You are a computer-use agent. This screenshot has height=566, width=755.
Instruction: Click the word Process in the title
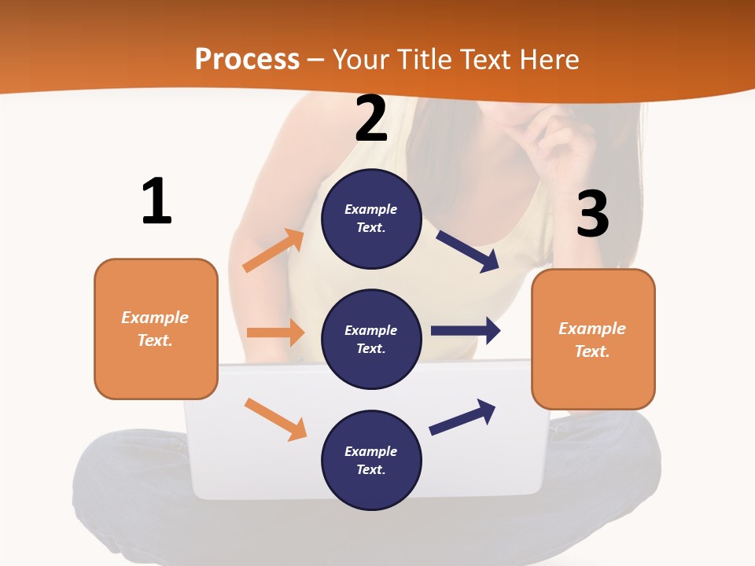(247, 60)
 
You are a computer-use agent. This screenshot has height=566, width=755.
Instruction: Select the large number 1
(157, 201)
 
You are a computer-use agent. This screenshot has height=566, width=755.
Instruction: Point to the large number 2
(371, 119)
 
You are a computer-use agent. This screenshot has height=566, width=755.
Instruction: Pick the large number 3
(592, 214)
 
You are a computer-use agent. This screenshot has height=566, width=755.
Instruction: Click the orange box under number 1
(156, 329)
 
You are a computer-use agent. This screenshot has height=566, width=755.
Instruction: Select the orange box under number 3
(593, 340)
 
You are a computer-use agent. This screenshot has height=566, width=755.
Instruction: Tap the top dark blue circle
(372, 219)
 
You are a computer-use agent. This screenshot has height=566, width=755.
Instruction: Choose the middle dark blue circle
(372, 340)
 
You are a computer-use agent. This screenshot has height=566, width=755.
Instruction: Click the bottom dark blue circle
(372, 461)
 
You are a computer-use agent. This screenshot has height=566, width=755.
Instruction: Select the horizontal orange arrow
(275, 333)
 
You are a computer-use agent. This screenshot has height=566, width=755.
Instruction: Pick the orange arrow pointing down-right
(275, 419)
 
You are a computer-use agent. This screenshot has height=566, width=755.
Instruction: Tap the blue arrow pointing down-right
(468, 251)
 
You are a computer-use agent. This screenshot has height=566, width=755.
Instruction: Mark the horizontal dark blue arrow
(466, 331)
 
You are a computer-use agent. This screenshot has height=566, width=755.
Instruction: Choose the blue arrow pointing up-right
(462, 417)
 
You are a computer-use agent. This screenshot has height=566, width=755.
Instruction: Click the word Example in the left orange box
(155, 318)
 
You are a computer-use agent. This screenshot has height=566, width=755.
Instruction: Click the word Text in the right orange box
(591, 351)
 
